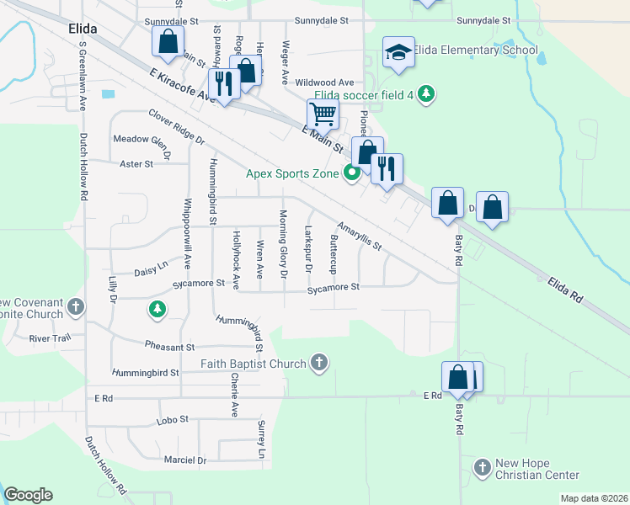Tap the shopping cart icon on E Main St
pyautogui.click(x=322, y=114)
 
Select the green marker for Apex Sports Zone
pyautogui.click(x=352, y=174)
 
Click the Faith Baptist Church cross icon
pyautogui.click(x=318, y=363)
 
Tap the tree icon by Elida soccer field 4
pyautogui.click(x=426, y=94)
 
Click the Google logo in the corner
pyautogui.click(x=28, y=495)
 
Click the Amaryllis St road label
pyautogui.click(x=360, y=237)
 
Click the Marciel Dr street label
pyautogui.click(x=185, y=460)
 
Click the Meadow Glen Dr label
pyautogui.click(x=142, y=144)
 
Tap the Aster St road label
pyautogui.click(x=136, y=164)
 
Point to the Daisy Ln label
pyautogui.click(x=151, y=272)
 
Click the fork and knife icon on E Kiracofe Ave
pyautogui.click(x=224, y=83)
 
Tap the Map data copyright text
pyautogui.click(x=593, y=498)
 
